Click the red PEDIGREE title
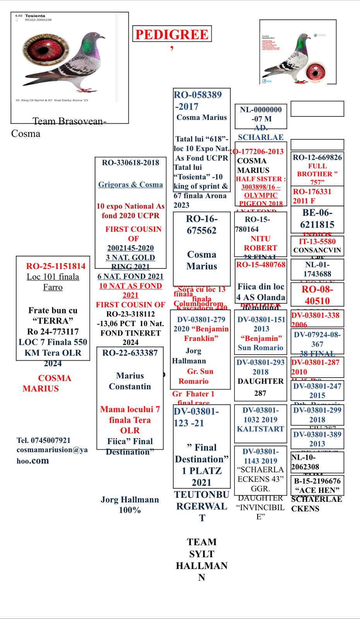click(172, 34)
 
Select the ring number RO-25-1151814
click(56, 266)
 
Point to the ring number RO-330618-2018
click(130, 163)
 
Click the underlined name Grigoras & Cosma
click(130, 185)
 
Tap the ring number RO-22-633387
click(130, 353)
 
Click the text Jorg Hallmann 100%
click(130, 505)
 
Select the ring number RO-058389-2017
click(198, 101)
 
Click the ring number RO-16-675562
click(201, 224)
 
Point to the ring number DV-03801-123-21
click(196, 417)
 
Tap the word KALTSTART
click(261, 429)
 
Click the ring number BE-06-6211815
click(317, 219)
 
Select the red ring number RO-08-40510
click(317, 295)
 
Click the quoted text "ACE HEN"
click(317, 491)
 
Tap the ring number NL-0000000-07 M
click(261, 114)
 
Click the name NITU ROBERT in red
click(261, 243)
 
